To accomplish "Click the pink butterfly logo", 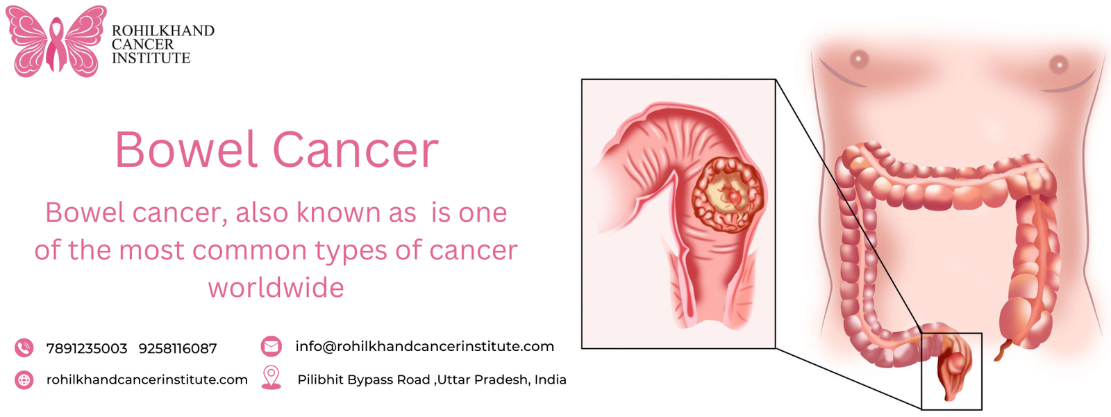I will [56, 42].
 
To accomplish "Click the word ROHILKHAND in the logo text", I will [163, 31].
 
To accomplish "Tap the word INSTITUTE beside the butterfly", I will [151, 58].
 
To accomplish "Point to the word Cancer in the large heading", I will [356, 149].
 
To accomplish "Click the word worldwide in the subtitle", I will [276, 288].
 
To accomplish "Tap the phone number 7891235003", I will [87, 348].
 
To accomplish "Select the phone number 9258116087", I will [178, 348].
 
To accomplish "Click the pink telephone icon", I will [24, 347].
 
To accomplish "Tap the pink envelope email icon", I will [271, 346].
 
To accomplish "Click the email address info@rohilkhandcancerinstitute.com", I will [424, 346].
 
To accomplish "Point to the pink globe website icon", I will [24, 380].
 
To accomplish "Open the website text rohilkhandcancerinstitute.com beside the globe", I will [147, 379].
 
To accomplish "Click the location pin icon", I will [271, 377].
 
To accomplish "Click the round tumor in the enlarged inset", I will [728, 195].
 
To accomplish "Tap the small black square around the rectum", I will [951, 371].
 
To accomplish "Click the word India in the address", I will [550, 379].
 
